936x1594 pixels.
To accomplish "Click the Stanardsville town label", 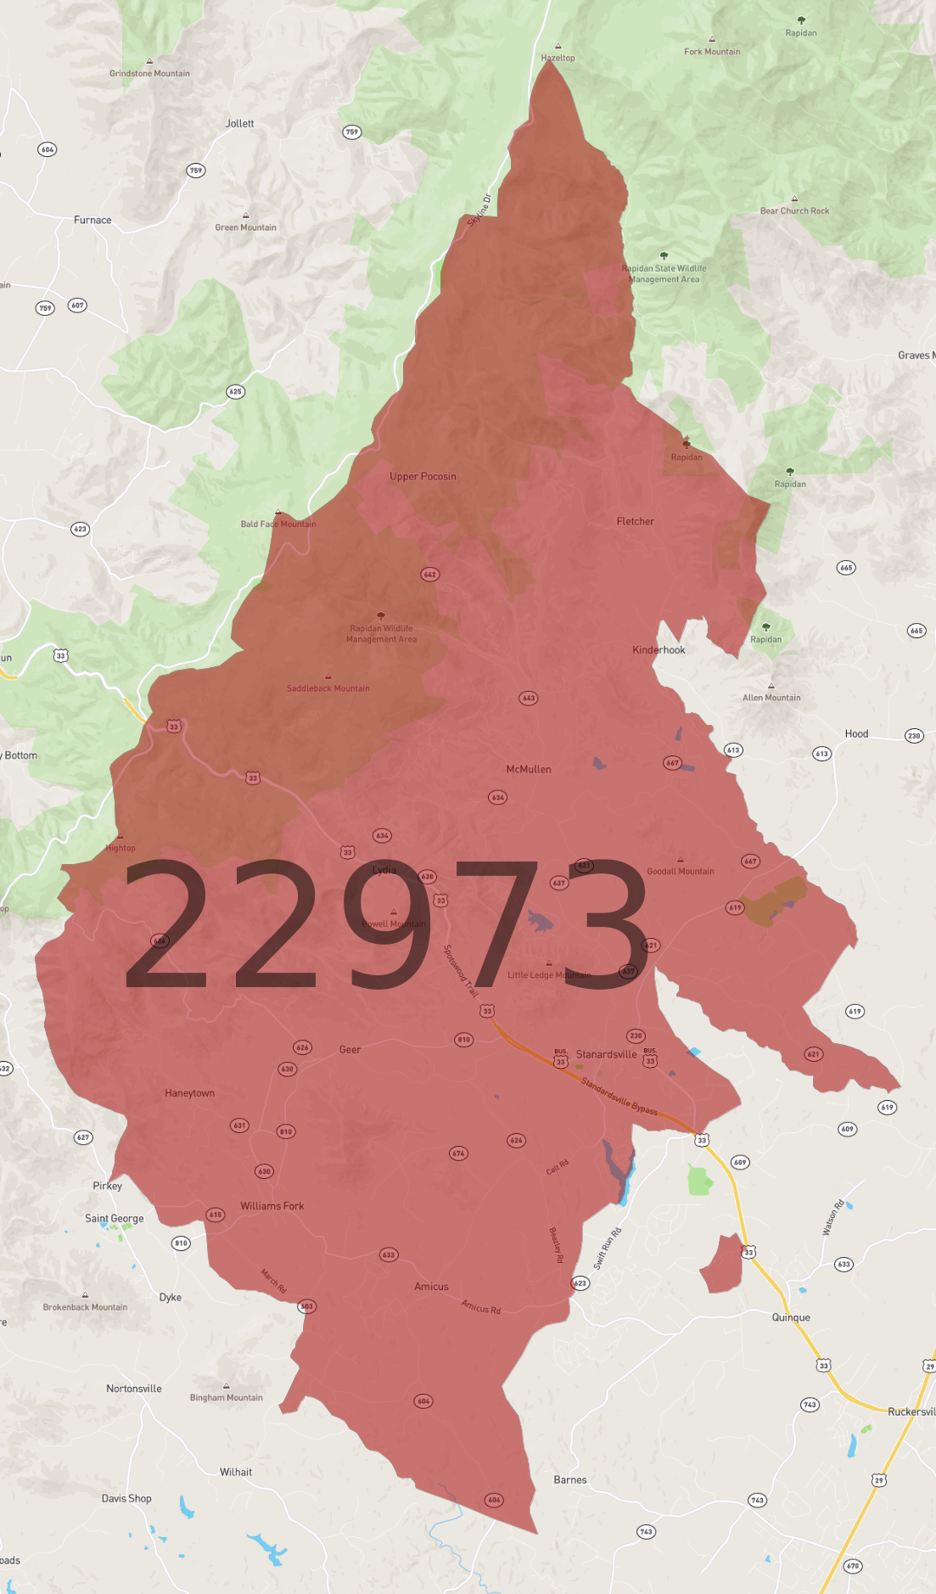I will tap(606, 1054).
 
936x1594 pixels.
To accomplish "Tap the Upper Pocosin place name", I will tap(423, 476).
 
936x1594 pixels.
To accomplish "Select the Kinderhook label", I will tap(659, 650).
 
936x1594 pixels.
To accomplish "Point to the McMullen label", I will tap(529, 769).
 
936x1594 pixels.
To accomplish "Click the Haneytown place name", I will tap(189, 1093).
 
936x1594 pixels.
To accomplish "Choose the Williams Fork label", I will tap(272, 1206).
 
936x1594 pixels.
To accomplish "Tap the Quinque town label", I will tap(791, 1317).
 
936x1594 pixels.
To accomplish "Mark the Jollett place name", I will tap(239, 124).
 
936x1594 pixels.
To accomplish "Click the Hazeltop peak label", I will tap(558, 58).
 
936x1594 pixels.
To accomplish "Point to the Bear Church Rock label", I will tap(794, 210).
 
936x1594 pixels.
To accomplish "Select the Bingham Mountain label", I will tap(226, 1398).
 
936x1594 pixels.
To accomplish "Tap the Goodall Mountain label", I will tap(681, 871).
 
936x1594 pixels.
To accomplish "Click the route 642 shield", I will tap(430, 575).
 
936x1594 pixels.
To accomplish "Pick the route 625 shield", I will tap(235, 391).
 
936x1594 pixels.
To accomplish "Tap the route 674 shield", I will tap(458, 1153).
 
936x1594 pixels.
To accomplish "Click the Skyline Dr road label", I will tap(479, 210).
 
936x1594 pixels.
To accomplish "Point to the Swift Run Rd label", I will tap(608, 1248).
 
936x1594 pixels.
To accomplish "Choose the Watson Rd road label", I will tap(833, 1217).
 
